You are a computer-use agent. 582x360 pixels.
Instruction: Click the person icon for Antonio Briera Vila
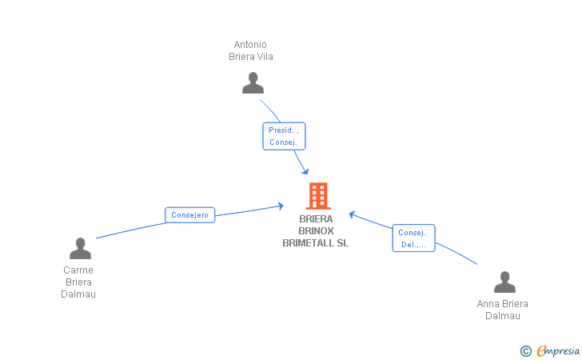tap(253, 83)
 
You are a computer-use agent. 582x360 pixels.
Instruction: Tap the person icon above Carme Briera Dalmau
tap(80, 248)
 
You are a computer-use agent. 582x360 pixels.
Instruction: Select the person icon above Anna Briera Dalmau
tap(504, 282)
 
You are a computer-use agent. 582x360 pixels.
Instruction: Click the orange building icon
tap(318, 196)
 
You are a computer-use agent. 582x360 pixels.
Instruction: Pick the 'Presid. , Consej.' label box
tap(284, 136)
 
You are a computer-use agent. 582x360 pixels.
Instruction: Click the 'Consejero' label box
tap(189, 214)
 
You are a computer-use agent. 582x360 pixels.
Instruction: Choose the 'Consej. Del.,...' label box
tap(413, 238)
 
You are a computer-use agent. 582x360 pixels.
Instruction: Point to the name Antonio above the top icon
tap(250, 45)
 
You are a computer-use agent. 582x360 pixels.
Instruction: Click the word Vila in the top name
tap(265, 57)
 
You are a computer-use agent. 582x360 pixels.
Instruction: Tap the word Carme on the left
tap(78, 270)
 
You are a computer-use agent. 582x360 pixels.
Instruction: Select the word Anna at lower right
tap(487, 303)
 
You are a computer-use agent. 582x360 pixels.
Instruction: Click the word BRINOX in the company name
tap(316, 230)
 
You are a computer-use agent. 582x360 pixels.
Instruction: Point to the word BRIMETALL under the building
tap(308, 243)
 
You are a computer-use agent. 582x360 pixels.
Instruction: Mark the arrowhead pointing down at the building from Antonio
tap(305, 171)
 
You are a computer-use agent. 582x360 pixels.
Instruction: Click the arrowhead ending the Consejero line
tap(281, 206)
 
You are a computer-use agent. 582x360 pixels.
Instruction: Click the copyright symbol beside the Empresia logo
tap(525, 351)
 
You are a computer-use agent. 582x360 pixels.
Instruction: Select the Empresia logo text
tap(558, 350)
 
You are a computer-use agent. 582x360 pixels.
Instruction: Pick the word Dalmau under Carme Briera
tap(78, 294)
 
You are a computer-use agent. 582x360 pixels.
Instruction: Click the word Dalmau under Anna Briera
tap(503, 316)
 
